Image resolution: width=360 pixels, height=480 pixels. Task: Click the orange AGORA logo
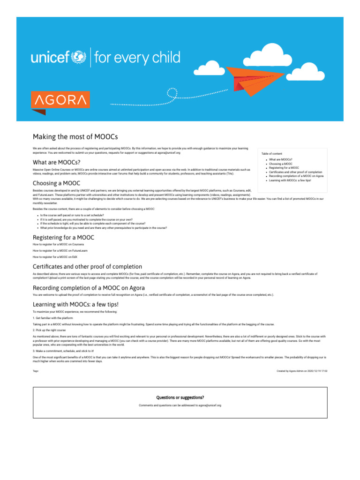click(60, 100)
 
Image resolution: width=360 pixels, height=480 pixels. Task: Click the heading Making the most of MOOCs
click(75, 136)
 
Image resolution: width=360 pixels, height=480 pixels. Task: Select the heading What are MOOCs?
click(56, 162)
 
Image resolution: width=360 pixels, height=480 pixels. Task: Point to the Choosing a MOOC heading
click(56, 183)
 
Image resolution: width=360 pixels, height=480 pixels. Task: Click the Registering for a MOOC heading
click(63, 238)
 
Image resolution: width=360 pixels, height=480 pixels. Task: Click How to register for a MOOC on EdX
click(55, 257)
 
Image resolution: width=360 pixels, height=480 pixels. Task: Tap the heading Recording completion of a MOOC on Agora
click(89, 287)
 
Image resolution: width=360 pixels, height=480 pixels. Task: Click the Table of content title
click(272, 154)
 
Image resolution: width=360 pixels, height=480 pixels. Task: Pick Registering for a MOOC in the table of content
click(284, 168)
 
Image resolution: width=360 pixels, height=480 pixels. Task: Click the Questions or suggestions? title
click(180, 397)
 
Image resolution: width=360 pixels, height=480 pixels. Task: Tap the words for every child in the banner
click(137, 58)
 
